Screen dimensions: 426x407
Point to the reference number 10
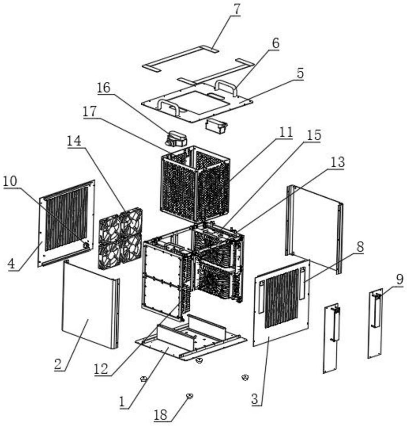click(11, 181)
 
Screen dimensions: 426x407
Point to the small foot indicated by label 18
click(189, 396)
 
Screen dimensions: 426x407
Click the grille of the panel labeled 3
click(282, 298)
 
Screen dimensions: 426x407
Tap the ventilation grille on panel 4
click(66, 217)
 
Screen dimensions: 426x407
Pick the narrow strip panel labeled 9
click(375, 324)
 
